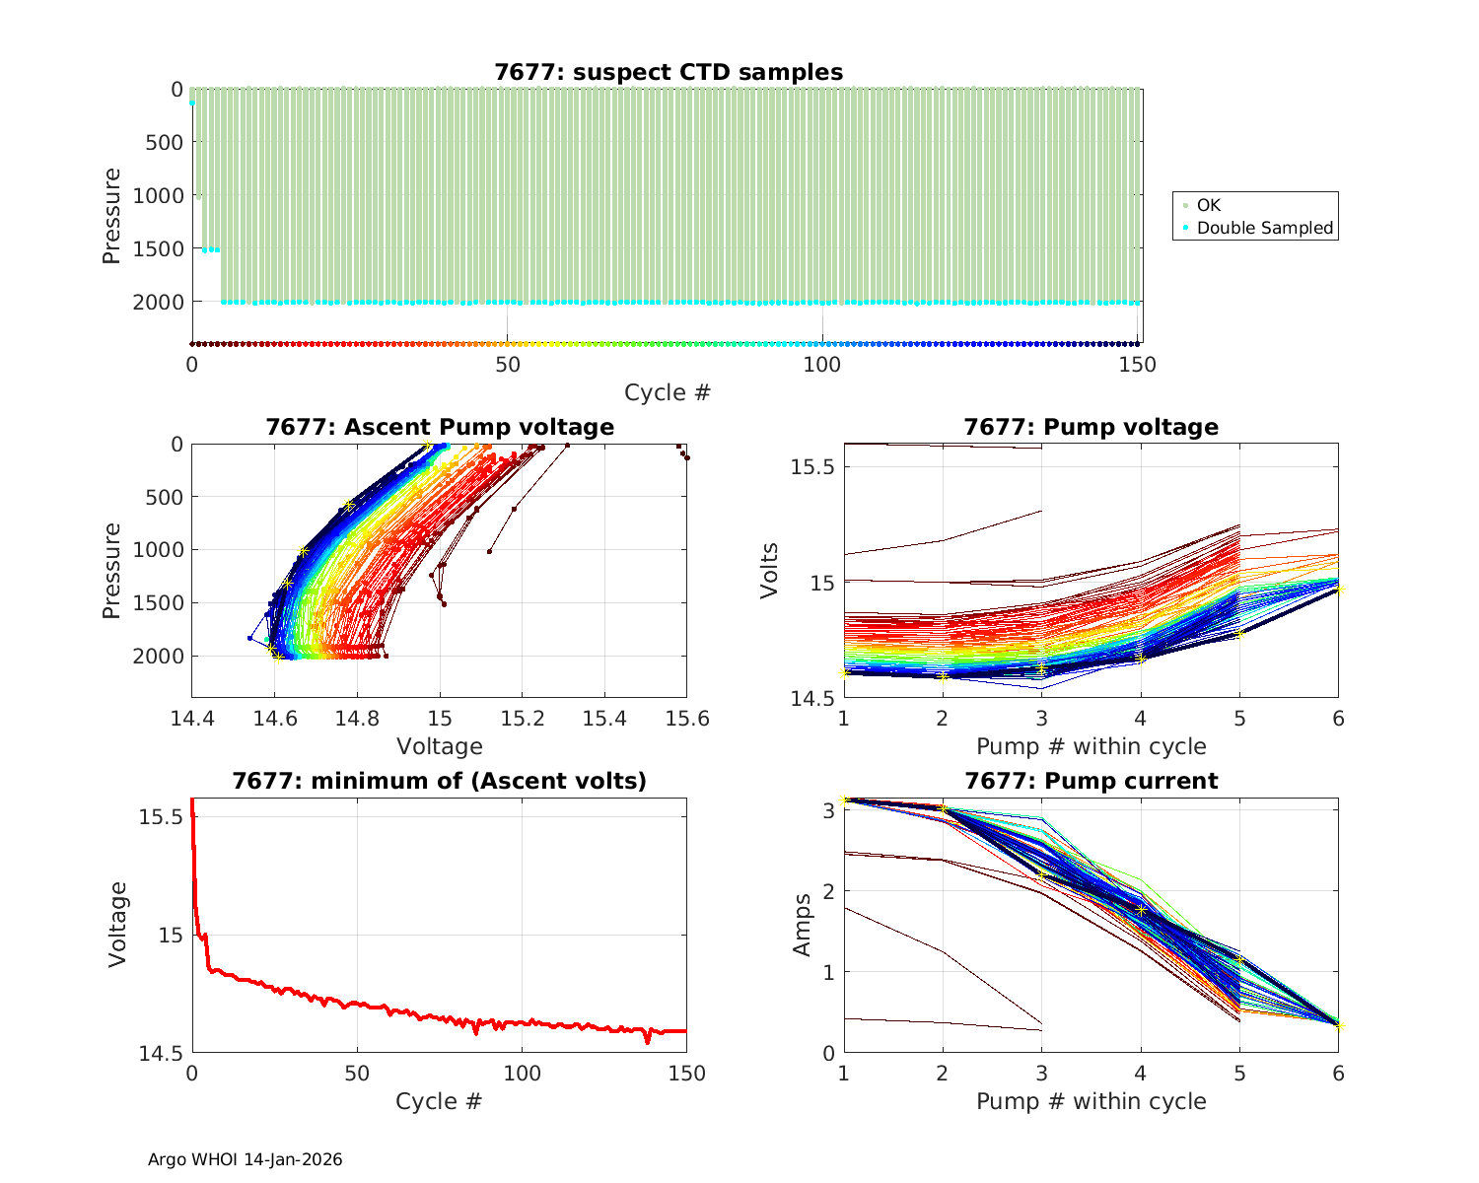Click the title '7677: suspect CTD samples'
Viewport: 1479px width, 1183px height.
pos(669,72)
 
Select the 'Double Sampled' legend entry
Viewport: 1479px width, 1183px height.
pos(1265,228)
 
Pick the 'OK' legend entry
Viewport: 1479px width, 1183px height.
pos(1208,205)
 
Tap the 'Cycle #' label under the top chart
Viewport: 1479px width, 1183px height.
pos(668,392)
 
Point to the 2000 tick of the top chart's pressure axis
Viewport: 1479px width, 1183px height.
pos(158,302)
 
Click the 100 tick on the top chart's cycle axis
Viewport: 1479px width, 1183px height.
pos(822,365)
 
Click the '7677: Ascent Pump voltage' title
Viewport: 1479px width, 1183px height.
pos(440,427)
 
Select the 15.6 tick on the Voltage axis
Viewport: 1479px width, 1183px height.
pos(687,719)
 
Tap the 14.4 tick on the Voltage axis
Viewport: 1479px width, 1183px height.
pos(192,719)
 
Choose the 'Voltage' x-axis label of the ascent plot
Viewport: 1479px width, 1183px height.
pos(440,746)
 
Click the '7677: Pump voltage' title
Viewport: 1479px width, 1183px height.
pos(1092,427)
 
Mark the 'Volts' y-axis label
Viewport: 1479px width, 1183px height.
pos(770,570)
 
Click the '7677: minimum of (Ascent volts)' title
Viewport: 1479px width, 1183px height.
pos(440,781)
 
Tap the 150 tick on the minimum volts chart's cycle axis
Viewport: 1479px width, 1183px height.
pos(687,1074)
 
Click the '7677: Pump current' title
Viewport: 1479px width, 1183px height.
pos(1092,781)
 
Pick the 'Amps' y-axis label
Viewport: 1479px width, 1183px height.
pos(803,924)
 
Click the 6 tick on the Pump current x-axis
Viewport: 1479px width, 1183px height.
pos(1338,1074)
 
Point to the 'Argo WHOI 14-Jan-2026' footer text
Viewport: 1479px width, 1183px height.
pos(246,1159)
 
